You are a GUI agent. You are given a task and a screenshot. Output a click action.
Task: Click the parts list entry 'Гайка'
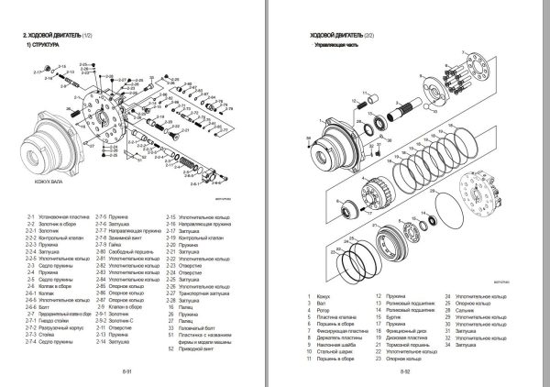coord(113,245)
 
